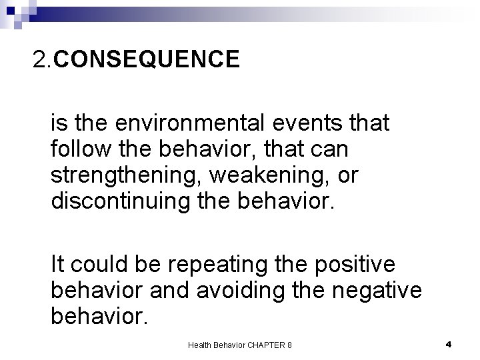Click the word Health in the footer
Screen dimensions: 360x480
point(199,345)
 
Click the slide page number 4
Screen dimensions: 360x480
point(449,344)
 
